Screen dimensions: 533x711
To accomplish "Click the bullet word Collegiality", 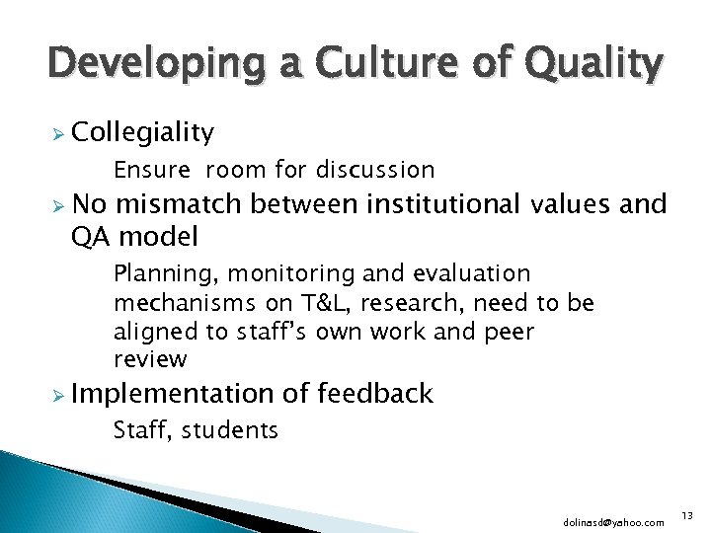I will (x=142, y=133).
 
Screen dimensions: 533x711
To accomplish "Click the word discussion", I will (x=375, y=170).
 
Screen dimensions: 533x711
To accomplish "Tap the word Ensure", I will (x=151, y=170).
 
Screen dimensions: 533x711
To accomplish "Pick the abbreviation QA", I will (x=93, y=236).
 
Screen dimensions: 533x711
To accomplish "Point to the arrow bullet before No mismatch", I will (x=57, y=205).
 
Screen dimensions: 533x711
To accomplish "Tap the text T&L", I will (x=315, y=303).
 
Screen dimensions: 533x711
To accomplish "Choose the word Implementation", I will (x=174, y=394).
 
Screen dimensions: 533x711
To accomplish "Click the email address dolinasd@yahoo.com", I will (x=613, y=522).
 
